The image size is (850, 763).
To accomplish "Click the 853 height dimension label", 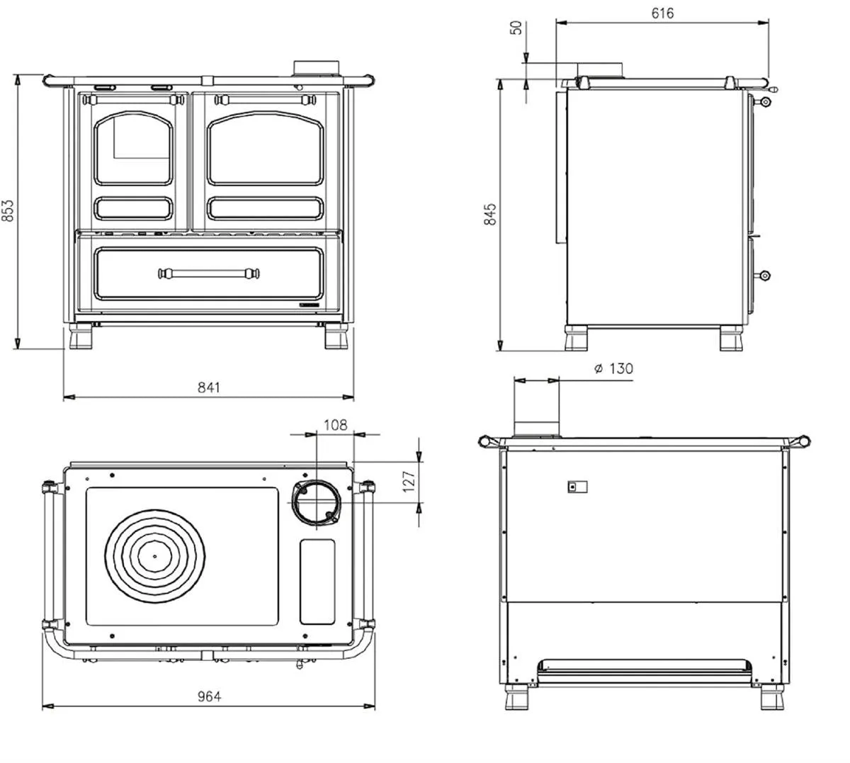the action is click(x=8, y=210).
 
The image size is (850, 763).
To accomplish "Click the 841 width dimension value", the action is click(x=208, y=388).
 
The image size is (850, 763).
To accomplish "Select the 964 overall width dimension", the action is click(x=208, y=696).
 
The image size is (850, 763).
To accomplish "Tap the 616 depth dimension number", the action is click(x=662, y=13).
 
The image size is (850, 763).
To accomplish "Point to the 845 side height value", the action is click(x=489, y=214).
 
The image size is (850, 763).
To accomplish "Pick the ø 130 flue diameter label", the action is click(x=613, y=368).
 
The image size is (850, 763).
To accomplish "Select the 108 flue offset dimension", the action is click(x=336, y=425).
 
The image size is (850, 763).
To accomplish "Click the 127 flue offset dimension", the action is click(x=408, y=481).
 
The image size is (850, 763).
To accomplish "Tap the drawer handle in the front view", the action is click(x=208, y=273).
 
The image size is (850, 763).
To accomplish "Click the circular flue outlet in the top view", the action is click(x=317, y=503).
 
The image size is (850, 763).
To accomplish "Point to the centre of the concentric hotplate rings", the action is click(x=155, y=557).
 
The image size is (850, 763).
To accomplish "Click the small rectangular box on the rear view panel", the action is click(x=577, y=487).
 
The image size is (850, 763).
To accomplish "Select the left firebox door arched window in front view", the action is click(x=133, y=148).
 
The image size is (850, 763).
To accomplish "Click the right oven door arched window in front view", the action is click(x=265, y=148).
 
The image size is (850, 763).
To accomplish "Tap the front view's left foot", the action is click(x=81, y=337).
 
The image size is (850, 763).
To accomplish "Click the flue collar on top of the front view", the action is click(x=316, y=69).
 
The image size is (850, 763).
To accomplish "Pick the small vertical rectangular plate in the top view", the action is click(x=317, y=582).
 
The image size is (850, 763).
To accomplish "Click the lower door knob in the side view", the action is click(x=764, y=276).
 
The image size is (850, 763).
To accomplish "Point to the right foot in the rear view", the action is click(x=772, y=697).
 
